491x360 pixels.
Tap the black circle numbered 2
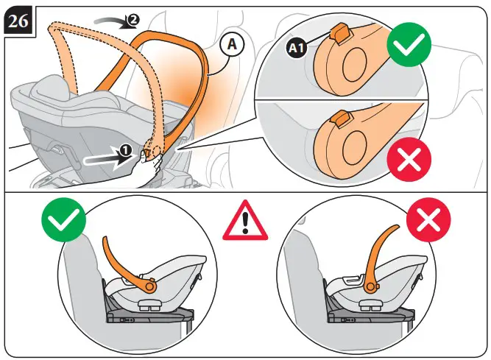coord(133,21)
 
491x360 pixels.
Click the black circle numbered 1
coord(126,149)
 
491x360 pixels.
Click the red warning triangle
coord(245,219)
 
